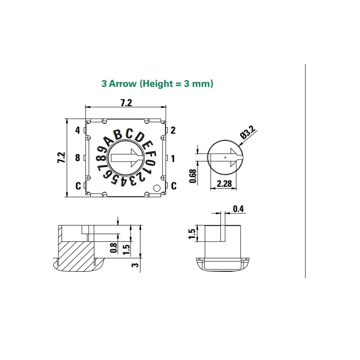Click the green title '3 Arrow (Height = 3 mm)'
click(157, 84)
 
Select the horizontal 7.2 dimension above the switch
click(126, 103)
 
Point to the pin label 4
click(78, 130)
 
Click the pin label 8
click(78, 158)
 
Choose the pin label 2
click(173, 130)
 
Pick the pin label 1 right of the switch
click(173, 158)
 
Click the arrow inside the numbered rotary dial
click(126, 158)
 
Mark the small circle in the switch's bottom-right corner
click(157, 188)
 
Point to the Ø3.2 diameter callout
click(248, 133)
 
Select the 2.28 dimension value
click(225, 184)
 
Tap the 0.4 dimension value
click(238, 208)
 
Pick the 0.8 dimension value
click(113, 248)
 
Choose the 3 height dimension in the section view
click(134, 265)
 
